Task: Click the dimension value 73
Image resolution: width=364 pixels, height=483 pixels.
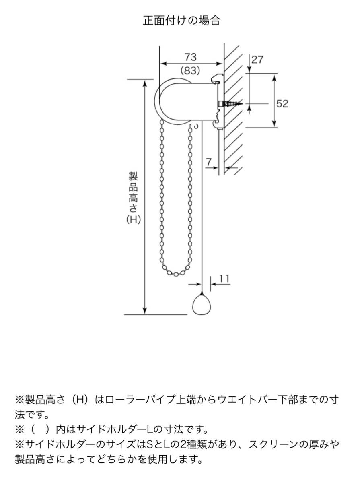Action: click(190, 56)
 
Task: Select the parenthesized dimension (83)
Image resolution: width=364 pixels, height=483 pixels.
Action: click(190, 71)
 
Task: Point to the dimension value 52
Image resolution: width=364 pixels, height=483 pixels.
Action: click(282, 103)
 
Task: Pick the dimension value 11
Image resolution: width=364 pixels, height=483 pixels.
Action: click(224, 279)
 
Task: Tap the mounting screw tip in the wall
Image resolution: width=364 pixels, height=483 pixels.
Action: click(240, 104)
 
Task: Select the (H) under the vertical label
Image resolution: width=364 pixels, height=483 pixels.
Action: click(133, 220)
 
